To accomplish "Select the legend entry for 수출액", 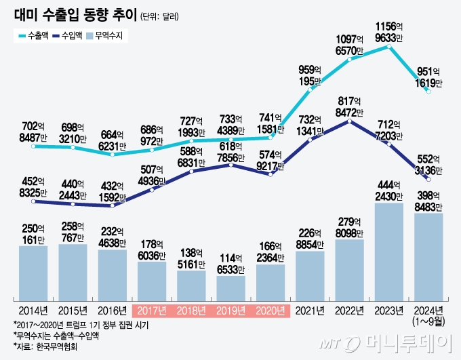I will click(x=31, y=35).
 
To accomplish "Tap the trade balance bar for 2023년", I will click(x=389, y=252).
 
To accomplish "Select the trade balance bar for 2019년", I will click(x=230, y=288).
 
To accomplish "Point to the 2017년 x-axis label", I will click(x=152, y=311).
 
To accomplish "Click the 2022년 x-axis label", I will click(x=350, y=311).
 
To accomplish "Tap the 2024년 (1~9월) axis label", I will click(x=428, y=315).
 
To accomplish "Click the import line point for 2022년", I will click(x=350, y=121).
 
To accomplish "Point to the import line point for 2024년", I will click(x=428, y=178).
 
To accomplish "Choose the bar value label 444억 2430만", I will click(x=389, y=191).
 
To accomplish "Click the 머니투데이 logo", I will click(x=400, y=342).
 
